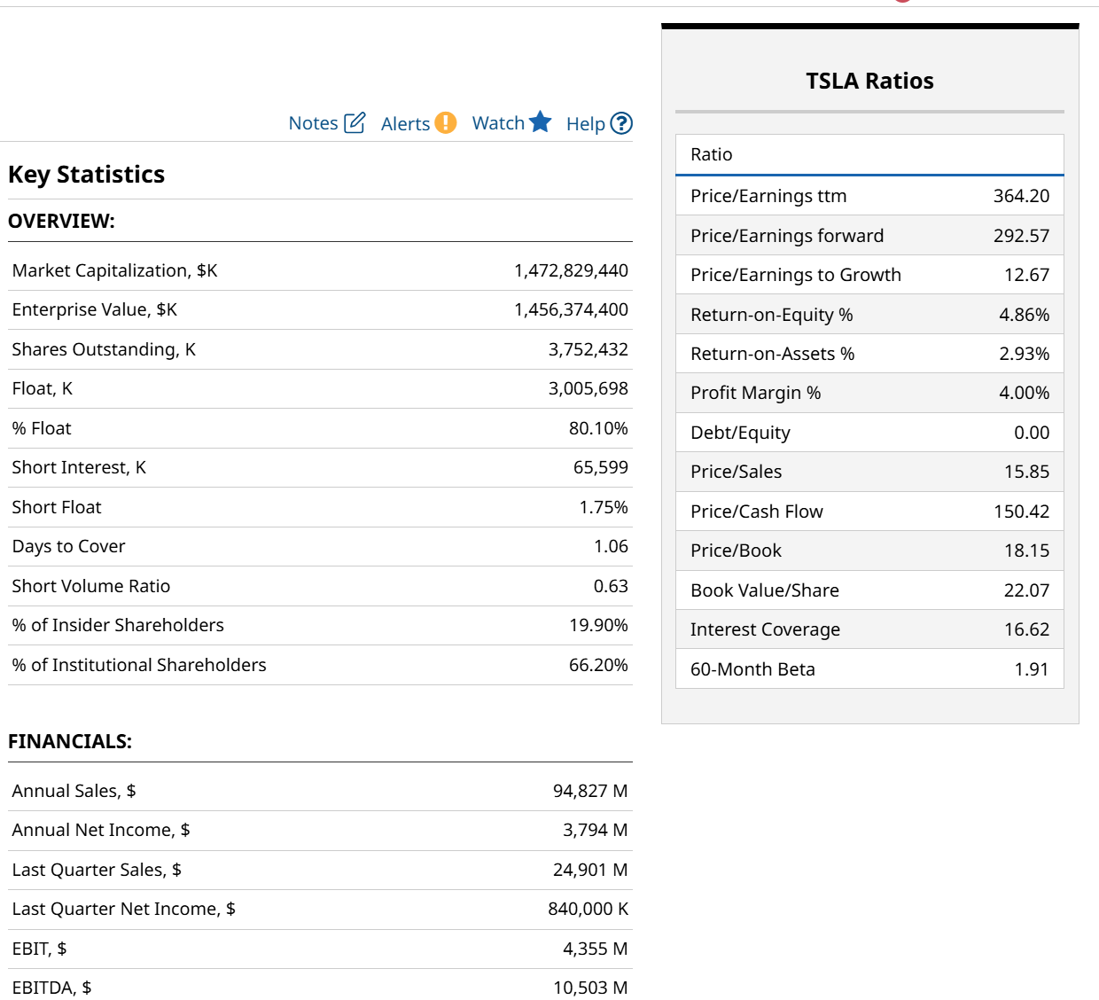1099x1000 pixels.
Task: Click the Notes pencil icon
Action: coord(355,122)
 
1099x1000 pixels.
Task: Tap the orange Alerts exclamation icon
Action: coord(445,122)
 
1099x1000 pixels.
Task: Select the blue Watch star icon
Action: coord(540,122)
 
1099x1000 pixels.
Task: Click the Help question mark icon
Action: coord(622,123)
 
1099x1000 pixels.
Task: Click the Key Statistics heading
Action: coord(86,175)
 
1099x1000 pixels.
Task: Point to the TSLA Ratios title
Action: coord(869,81)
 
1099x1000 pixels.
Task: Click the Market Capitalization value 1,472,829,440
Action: coord(571,270)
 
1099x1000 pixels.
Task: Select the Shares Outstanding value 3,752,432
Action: coord(588,349)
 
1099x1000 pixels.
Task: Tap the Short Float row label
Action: coord(57,507)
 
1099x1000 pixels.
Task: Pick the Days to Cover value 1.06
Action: coord(611,546)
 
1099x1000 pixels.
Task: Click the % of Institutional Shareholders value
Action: coord(598,665)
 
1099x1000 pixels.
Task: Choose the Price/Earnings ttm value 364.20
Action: coord(1021,196)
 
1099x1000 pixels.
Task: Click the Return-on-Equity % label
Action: coord(771,315)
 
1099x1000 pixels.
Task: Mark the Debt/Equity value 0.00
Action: coord(1032,433)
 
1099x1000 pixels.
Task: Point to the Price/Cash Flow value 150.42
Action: coord(1021,512)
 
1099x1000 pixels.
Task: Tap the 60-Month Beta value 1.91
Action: coord(1032,669)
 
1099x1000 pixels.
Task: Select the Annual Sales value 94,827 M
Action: coord(589,791)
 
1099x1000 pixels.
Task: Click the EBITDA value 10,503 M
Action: coord(589,988)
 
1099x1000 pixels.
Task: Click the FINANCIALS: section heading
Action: coord(70,741)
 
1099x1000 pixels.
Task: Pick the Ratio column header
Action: coord(712,154)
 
